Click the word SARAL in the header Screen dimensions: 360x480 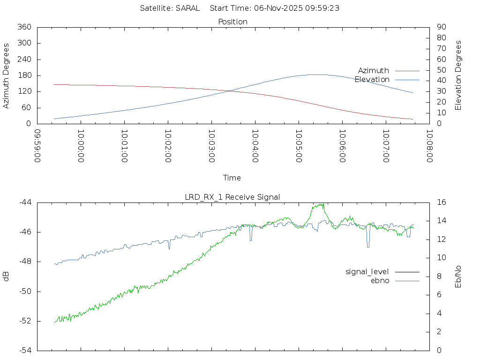pyautogui.click(x=187, y=8)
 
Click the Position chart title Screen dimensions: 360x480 pyautogui.click(x=232, y=22)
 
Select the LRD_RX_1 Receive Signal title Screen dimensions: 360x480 pyautogui.click(x=232, y=197)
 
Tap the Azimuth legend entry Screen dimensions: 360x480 pyautogui.click(x=374, y=70)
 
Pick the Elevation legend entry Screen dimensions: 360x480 pyautogui.click(x=372, y=79)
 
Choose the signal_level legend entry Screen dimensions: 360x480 pyautogui.click(x=367, y=271)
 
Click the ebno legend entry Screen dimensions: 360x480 pyautogui.click(x=380, y=280)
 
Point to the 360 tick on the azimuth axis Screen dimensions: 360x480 pyautogui.click(x=24, y=27)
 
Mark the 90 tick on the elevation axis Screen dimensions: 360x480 pyautogui.click(x=441, y=27)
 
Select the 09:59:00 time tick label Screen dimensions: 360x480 pyautogui.click(x=37, y=146)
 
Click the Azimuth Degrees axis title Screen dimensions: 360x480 pyautogui.click(x=7, y=75)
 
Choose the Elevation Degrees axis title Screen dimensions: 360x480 pyautogui.click(x=458, y=75)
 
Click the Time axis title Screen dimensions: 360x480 pyautogui.click(x=232, y=178)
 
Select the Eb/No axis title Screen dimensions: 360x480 pyautogui.click(x=458, y=276)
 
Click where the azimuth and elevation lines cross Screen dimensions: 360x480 pyautogui.click(x=230, y=91)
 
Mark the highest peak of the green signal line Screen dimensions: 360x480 pyautogui.click(x=322, y=204)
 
